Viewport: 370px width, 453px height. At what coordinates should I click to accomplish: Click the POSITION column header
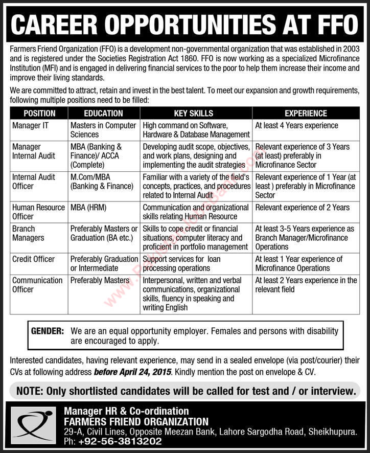[39, 114]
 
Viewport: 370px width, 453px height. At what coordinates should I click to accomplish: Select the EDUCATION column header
[104, 114]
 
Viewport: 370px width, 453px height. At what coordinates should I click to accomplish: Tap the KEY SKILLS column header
[197, 114]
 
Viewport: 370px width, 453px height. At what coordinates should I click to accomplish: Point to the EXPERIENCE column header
[306, 114]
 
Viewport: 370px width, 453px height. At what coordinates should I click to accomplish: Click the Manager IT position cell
[30, 125]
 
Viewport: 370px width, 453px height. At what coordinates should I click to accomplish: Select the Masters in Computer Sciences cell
[103, 130]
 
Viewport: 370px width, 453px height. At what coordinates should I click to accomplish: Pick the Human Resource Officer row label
[38, 212]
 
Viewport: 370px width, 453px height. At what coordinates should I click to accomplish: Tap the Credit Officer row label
[33, 259]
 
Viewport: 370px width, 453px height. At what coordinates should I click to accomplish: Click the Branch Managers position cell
[28, 233]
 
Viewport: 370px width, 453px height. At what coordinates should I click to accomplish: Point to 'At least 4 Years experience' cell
[296, 125]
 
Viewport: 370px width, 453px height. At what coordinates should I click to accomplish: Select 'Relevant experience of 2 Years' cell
[303, 207]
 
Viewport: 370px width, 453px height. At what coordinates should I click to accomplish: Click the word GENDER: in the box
[48, 331]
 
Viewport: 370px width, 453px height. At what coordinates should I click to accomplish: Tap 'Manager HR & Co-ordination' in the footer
[126, 411]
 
